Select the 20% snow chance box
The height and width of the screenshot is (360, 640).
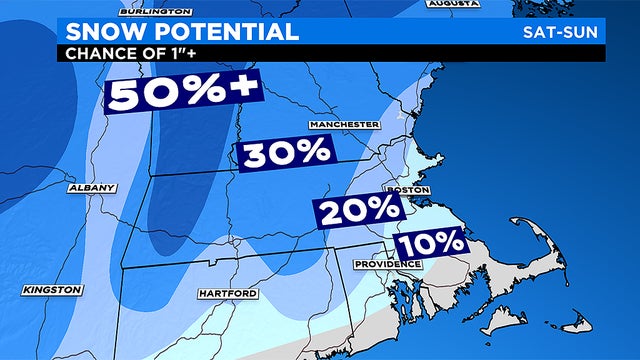(359, 211)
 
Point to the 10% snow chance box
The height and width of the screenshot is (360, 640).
(431, 242)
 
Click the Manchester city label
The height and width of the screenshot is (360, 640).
(344, 124)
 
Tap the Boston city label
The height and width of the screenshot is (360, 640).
(407, 189)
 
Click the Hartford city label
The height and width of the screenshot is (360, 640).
(228, 293)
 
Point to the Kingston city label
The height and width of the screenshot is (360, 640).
(51, 289)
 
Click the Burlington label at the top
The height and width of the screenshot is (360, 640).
(156, 9)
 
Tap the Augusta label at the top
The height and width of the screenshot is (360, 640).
(452, 3)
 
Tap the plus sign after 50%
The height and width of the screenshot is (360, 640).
(244, 90)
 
